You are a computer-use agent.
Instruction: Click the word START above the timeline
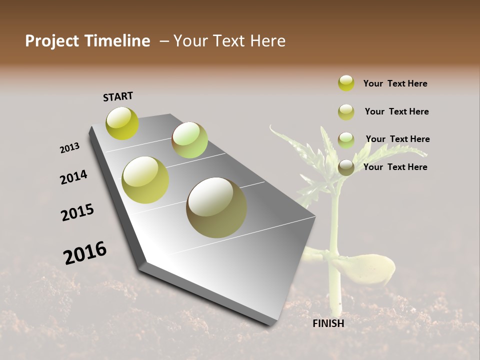tap(118, 96)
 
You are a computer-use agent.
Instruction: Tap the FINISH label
tap(328, 323)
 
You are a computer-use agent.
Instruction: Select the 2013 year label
tap(69, 148)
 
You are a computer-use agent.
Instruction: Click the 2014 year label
tap(74, 177)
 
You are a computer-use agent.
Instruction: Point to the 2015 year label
tap(77, 212)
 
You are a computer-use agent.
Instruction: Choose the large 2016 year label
tap(85, 253)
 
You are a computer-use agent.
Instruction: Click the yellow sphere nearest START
tap(122, 123)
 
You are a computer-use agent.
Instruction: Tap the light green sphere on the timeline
tap(189, 140)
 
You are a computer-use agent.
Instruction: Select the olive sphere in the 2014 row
tap(145, 179)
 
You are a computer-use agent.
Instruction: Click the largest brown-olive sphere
tap(216, 207)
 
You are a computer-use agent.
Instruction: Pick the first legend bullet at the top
tap(346, 83)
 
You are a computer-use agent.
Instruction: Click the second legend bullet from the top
tap(346, 112)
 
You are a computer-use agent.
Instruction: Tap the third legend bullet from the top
tap(346, 139)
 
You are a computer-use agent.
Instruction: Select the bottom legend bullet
tap(346, 167)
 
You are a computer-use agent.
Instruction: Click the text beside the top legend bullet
tap(395, 83)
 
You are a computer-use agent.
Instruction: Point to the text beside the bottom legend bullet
tap(395, 167)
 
